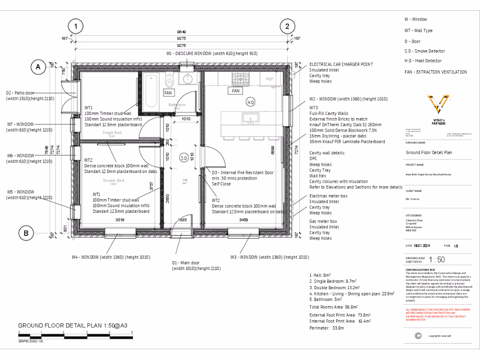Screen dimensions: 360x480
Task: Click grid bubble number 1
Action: (75, 27)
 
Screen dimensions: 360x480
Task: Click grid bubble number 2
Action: (287, 27)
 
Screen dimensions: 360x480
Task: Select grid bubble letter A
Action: (38, 67)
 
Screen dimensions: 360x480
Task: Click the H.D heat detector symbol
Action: (250, 102)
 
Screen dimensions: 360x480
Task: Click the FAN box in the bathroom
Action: (168, 93)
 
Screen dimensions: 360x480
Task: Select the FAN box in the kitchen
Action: (236, 90)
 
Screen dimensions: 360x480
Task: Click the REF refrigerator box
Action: (270, 79)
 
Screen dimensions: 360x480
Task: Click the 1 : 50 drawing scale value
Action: (437, 260)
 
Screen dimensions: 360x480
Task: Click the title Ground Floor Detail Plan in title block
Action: (428, 152)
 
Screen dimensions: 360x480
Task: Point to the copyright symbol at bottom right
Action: (418, 335)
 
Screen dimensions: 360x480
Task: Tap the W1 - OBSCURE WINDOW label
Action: (212, 53)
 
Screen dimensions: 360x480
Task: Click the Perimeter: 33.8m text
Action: (327, 328)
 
